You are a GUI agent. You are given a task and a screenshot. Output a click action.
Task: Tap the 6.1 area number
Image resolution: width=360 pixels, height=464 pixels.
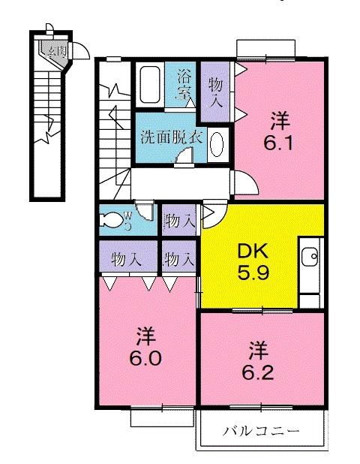tap(279, 143)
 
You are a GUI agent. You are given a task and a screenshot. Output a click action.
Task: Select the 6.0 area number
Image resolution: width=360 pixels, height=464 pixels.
tap(145, 358)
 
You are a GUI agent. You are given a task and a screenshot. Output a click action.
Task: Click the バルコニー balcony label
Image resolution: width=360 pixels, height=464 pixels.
tap(260, 432)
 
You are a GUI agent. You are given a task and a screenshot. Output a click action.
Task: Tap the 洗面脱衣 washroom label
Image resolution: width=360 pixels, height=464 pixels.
tap(170, 137)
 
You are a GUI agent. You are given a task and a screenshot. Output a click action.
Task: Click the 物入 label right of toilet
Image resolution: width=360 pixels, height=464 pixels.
tap(180, 221)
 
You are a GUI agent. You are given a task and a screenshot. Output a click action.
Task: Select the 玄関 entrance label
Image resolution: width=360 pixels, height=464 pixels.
tap(54, 52)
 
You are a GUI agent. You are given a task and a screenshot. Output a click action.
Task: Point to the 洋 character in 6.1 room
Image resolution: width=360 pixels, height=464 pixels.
tap(279, 119)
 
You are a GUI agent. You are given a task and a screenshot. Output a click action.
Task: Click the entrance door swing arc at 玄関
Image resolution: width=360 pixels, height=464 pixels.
tap(82, 50)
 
